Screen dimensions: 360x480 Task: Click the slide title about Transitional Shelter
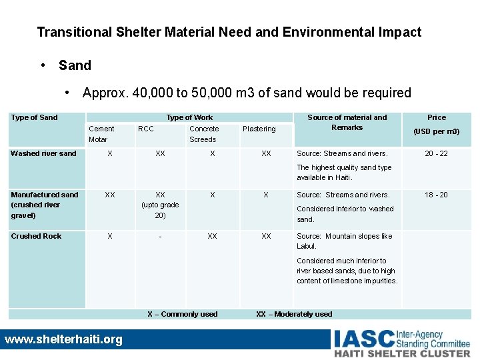(229, 32)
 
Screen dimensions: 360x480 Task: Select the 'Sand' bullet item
(75, 65)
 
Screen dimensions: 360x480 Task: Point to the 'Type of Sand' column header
(34, 117)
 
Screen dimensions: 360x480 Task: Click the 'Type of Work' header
(189, 117)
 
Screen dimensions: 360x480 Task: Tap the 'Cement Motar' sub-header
(101, 134)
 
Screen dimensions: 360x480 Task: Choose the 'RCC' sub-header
(145, 129)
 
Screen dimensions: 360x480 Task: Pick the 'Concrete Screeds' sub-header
(203, 134)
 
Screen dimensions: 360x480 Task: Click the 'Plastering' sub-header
(259, 129)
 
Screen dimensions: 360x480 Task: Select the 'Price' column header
(437, 117)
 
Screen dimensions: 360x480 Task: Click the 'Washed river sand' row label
(43, 153)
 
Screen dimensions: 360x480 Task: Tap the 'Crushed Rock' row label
(36, 236)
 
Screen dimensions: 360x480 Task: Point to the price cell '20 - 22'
(437, 153)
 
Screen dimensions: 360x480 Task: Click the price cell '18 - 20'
(437, 195)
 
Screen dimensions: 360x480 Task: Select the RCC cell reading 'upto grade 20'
(160, 205)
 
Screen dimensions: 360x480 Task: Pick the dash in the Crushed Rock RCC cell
(160, 236)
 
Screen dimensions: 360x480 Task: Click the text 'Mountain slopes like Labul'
(345, 241)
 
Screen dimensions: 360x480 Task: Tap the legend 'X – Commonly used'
(182, 314)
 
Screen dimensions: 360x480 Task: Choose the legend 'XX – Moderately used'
(294, 314)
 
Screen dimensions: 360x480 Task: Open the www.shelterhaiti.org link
(63, 339)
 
